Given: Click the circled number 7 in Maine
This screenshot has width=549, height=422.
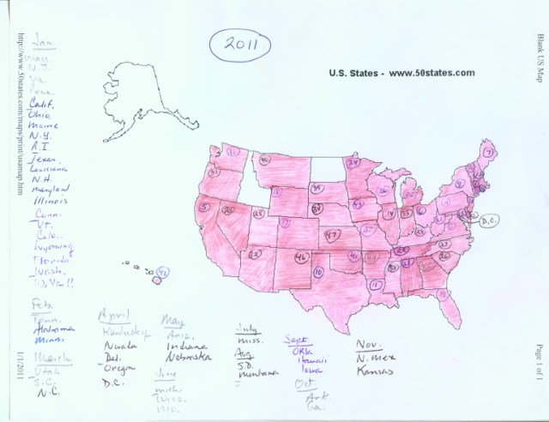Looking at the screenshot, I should pyautogui.click(x=510, y=153).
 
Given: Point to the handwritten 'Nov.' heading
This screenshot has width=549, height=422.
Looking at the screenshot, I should pyautogui.click(x=369, y=343).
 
